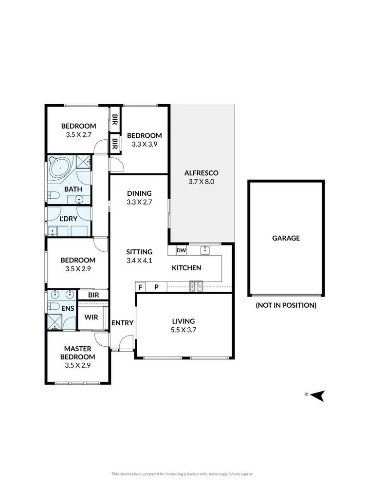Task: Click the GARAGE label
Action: tap(286, 238)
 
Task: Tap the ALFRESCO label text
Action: tap(201, 173)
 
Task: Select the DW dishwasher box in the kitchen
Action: tap(181, 251)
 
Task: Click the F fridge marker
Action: tap(141, 287)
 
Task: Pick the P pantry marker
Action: tap(156, 287)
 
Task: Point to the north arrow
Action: tap(317, 395)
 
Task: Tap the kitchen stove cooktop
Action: tap(196, 287)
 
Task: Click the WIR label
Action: tap(91, 317)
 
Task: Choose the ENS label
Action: tap(67, 308)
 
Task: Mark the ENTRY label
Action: tap(122, 323)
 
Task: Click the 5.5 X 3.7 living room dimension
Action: tap(183, 330)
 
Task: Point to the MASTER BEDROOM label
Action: tap(78, 353)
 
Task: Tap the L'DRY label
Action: tap(68, 219)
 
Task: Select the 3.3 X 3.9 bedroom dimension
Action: tap(144, 144)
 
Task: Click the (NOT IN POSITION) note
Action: tap(286, 305)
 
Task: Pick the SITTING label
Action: tap(139, 252)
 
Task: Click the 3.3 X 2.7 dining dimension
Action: tap(139, 202)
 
